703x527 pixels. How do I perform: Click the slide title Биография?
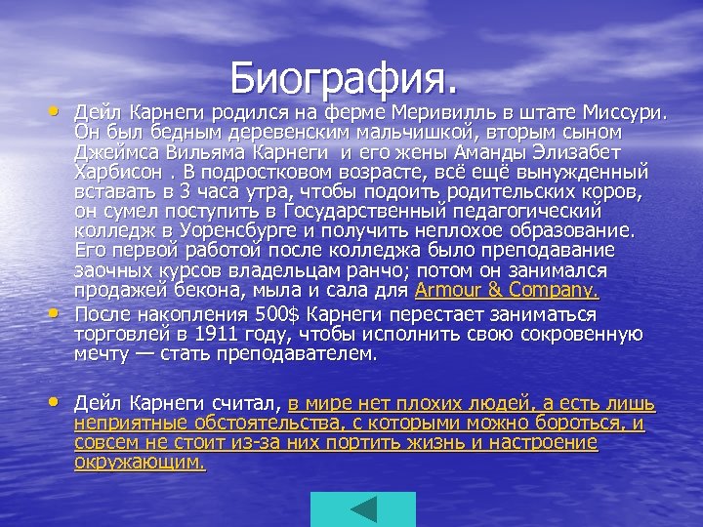[345, 75]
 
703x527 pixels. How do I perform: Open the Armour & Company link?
[507, 291]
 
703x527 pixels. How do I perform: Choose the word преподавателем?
[295, 354]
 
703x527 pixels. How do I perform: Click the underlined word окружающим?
[140, 462]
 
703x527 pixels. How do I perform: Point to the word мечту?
[104, 354]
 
